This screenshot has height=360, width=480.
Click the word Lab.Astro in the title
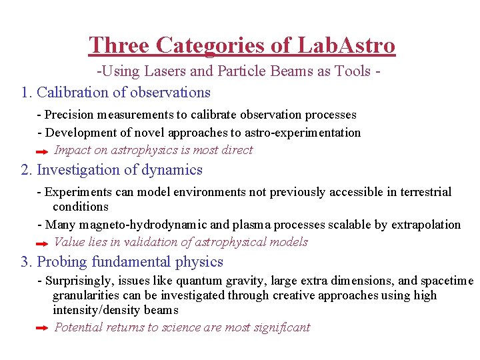pos(346,45)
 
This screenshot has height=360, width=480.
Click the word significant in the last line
pos(283,327)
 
